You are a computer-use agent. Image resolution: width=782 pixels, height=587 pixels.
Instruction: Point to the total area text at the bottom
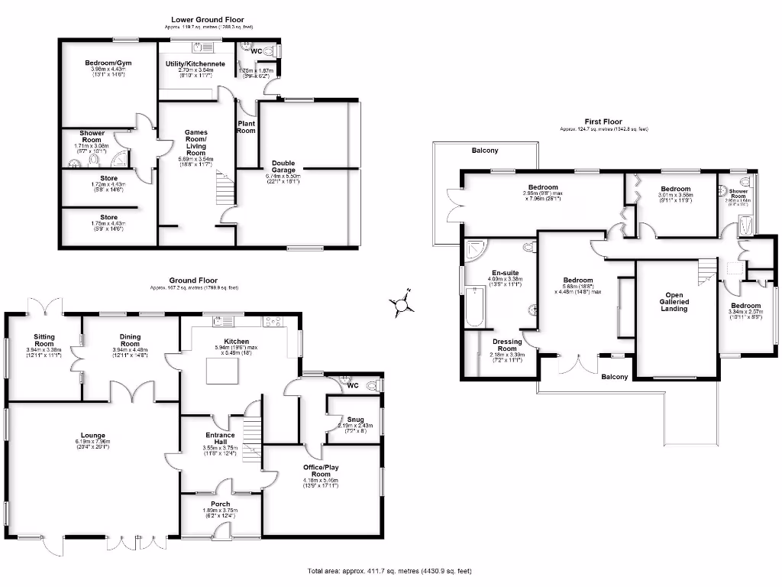point(394,570)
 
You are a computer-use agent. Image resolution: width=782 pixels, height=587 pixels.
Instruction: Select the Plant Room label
point(247,126)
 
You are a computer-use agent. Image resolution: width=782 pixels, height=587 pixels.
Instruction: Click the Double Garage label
point(289,163)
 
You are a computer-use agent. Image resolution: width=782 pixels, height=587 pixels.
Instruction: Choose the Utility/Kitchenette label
point(195,63)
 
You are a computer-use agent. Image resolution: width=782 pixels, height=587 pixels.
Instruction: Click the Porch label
point(220,504)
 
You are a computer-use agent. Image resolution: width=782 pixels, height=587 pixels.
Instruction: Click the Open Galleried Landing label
point(674,301)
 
